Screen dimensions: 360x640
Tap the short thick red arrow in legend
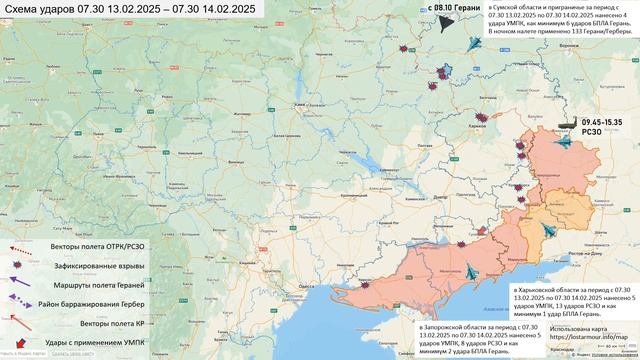pyautogui.click(x=22, y=342)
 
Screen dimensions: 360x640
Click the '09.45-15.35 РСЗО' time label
pyautogui.click(x=602, y=125)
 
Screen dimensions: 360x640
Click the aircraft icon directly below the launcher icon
pyautogui.click(x=564, y=141)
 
